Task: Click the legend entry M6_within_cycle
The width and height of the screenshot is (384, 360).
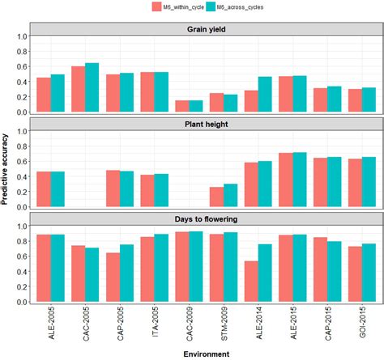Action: point(177,7)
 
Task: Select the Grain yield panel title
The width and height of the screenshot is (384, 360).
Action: point(204,30)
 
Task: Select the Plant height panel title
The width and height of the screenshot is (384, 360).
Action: point(204,125)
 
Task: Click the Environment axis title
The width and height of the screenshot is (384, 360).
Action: point(204,354)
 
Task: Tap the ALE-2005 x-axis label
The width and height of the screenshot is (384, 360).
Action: point(50,324)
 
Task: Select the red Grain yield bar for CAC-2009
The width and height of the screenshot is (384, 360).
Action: point(182,106)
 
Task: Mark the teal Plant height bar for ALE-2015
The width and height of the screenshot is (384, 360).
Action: point(301,180)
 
